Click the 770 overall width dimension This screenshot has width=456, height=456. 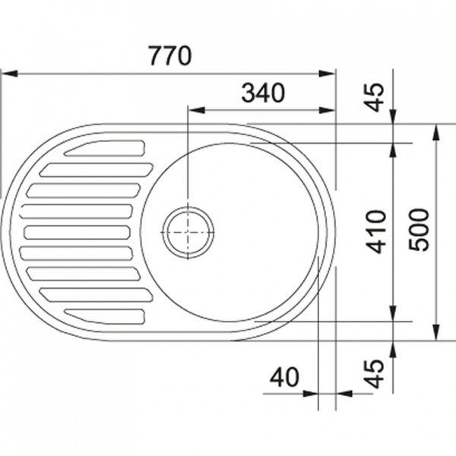[170, 55]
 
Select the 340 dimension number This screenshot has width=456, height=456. [263, 93]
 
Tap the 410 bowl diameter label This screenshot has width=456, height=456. [376, 232]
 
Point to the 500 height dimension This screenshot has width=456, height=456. [419, 230]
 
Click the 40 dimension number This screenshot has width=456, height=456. [284, 377]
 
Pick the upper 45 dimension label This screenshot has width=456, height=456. [375, 97]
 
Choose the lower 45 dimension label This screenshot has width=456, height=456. [375, 374]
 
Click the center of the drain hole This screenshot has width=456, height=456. [188, 233]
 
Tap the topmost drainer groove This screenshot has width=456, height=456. [105, 148]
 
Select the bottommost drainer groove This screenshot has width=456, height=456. [105, 316]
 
